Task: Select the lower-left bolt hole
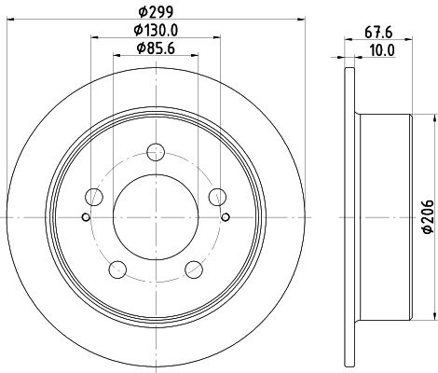pos(117,269)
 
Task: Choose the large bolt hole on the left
pos(93,197)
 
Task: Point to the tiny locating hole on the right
pos(226,218)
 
